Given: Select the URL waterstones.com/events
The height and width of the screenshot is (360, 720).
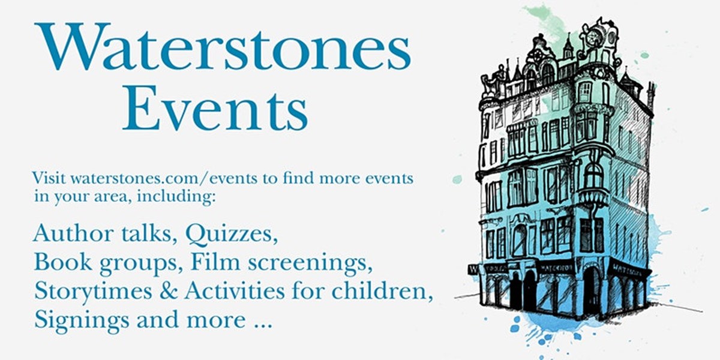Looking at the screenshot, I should pos(152,179).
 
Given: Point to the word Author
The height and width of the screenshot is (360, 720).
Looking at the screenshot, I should pos(67,234).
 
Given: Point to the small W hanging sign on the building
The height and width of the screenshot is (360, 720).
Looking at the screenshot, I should pos(473,269).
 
